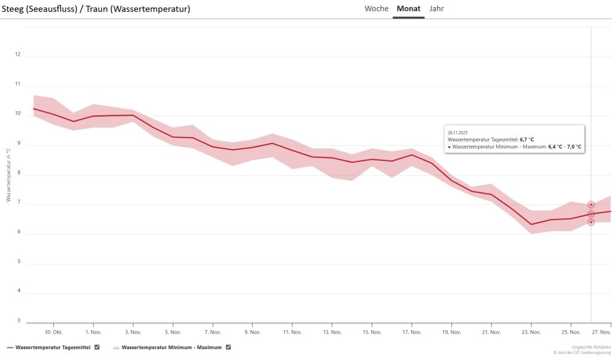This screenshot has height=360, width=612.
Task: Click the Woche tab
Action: (x=377, y=9)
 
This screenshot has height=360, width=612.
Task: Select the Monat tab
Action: (x=408, y=9)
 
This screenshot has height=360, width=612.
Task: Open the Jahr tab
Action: (x=436, y=9)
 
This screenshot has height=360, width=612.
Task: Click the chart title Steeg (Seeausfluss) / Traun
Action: (x=96, y=9)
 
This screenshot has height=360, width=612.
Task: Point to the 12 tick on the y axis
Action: (x=17, y=54)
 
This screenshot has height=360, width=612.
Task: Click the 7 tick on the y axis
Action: (x=18, y=203)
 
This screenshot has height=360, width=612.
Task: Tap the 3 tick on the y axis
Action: (x=18, y=321)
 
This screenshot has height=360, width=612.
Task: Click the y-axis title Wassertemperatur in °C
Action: (x=9, y=175)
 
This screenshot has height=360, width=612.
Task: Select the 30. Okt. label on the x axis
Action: (x=53, y=332)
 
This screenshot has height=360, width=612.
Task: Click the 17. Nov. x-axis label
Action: (x=411, y=332)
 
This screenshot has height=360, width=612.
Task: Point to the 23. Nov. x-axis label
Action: (x=531, y=332)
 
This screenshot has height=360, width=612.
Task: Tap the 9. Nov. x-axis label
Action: (x=252, y=332)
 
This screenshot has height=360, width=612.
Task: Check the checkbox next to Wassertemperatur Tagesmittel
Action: (x=97, y=347)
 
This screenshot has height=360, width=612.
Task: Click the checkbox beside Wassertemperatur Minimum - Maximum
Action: (x=228, y=347)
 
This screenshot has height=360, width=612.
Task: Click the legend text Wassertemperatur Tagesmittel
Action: (x=53, y=347)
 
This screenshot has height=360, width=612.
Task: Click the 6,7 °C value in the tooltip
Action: (x=527, y=139)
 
